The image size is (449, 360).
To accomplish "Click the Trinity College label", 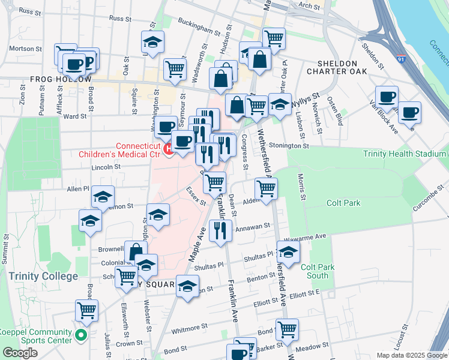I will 43,276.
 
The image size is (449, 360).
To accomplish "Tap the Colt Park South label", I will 315,271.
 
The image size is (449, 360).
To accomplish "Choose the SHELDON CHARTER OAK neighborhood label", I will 337,67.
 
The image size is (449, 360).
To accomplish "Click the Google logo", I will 20,353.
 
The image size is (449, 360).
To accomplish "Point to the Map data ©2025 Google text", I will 411,355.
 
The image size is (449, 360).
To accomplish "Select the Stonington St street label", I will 289,146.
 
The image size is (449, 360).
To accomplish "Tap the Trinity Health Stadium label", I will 405,154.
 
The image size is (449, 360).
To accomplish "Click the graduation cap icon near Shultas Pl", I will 288,253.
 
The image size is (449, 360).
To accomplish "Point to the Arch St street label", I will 310,5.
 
